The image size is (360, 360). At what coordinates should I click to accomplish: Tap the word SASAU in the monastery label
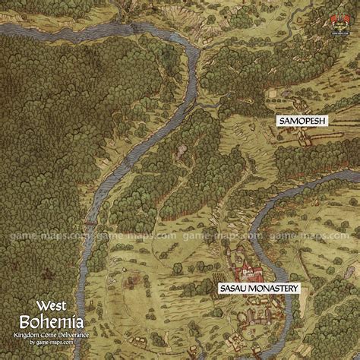(234, 289)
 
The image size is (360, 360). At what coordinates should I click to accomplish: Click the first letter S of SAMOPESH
(279, 122)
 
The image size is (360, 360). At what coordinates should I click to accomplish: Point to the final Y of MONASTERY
(296, 289)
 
